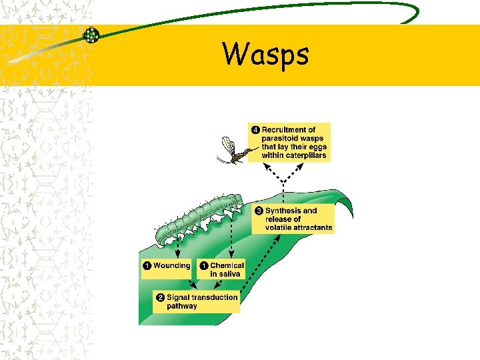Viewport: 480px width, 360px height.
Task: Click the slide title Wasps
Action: tap(266, 55)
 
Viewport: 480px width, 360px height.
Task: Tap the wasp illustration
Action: tap(233, 152)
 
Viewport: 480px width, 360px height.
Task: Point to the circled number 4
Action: tap(255, 130)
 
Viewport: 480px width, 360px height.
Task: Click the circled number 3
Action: tap(259, 211)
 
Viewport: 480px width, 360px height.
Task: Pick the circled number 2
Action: tap(160, 297)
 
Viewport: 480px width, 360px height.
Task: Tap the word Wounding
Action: tap(171, 265)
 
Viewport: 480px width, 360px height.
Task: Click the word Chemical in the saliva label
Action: tap(227, 265)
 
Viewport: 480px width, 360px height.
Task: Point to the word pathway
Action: tap(182, 306)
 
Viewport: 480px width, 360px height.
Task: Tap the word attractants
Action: tap(310, 227)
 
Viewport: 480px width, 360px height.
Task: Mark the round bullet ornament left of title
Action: tap(91, 35)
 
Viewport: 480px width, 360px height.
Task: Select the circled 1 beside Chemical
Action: tap(203, 265)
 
